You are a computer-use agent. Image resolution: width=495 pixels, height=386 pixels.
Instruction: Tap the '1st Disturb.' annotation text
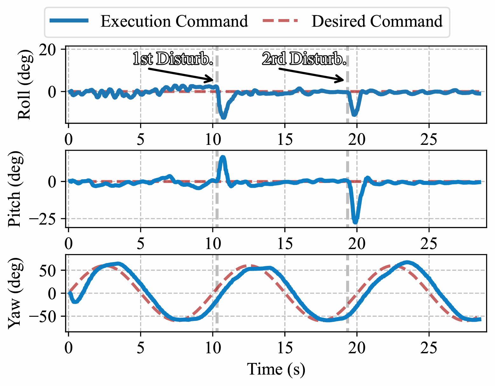[173, 59]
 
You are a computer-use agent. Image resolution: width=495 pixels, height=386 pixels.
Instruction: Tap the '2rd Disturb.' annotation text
[304, 59]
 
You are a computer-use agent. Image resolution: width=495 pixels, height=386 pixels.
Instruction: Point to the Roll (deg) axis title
[24, 85]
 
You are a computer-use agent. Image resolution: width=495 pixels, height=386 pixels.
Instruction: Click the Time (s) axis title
[276, 369]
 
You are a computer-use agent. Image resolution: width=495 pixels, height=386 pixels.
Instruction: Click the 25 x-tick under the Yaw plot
[429, 348]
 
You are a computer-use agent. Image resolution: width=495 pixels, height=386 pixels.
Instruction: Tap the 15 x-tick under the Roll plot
[285, 139]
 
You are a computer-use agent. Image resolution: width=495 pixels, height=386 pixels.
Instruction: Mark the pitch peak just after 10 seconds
[223, 157]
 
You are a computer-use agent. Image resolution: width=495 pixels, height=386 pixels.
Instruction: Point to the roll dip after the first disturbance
[223, 117]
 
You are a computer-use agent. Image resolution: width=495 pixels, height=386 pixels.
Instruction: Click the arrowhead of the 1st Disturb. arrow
[212, 80]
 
